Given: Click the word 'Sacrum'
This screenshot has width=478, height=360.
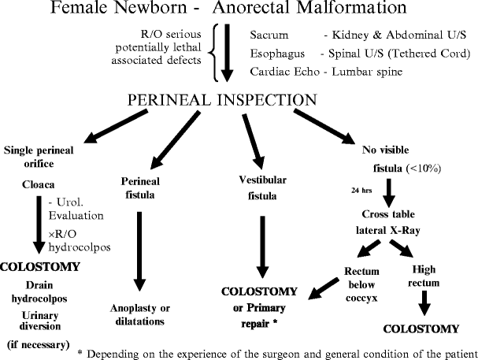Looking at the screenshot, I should (270, 36).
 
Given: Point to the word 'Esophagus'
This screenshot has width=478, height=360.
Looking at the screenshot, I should (277, 54).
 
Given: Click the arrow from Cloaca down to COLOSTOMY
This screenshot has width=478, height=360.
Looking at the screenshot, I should (37, 225).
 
